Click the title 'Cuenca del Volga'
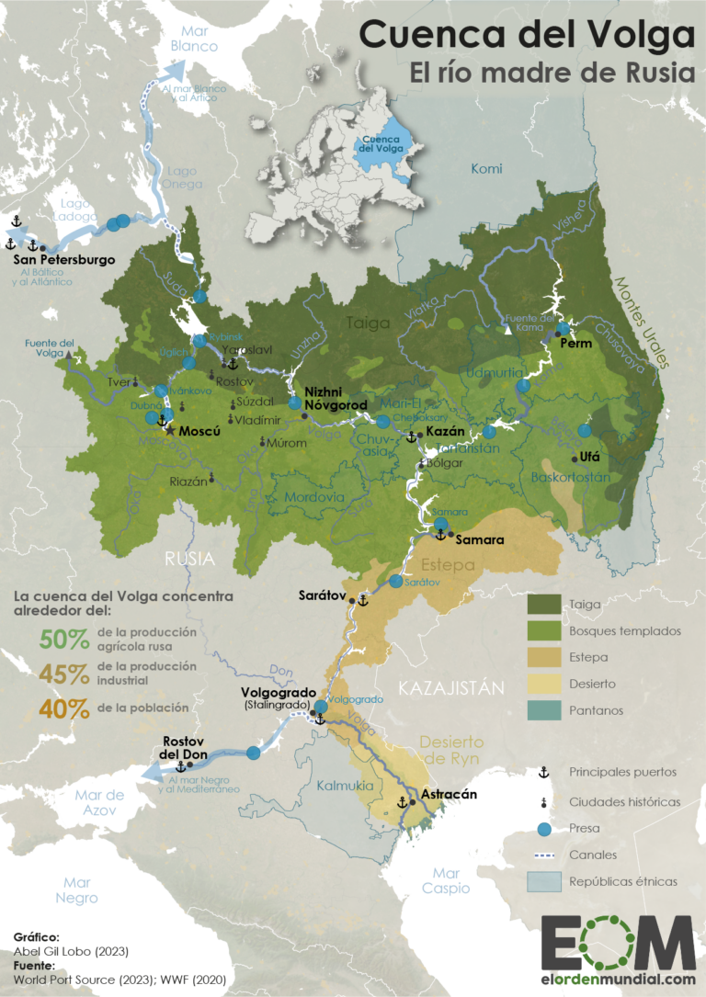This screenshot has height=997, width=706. [x=527, y=34]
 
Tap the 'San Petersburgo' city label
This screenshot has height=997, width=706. [x=65, y=260]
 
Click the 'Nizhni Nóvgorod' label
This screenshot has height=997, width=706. [x=335, y=397]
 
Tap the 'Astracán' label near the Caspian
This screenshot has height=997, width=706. [x=449, y=795]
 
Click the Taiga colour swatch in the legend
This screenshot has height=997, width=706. [x=542, y=605]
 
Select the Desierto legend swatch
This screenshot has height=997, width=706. [x=542, y=684]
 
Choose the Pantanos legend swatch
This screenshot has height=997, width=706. [x=542, y=710]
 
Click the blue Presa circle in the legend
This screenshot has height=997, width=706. [x=543, y=829]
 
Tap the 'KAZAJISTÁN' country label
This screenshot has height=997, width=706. [x=451, y=687]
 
